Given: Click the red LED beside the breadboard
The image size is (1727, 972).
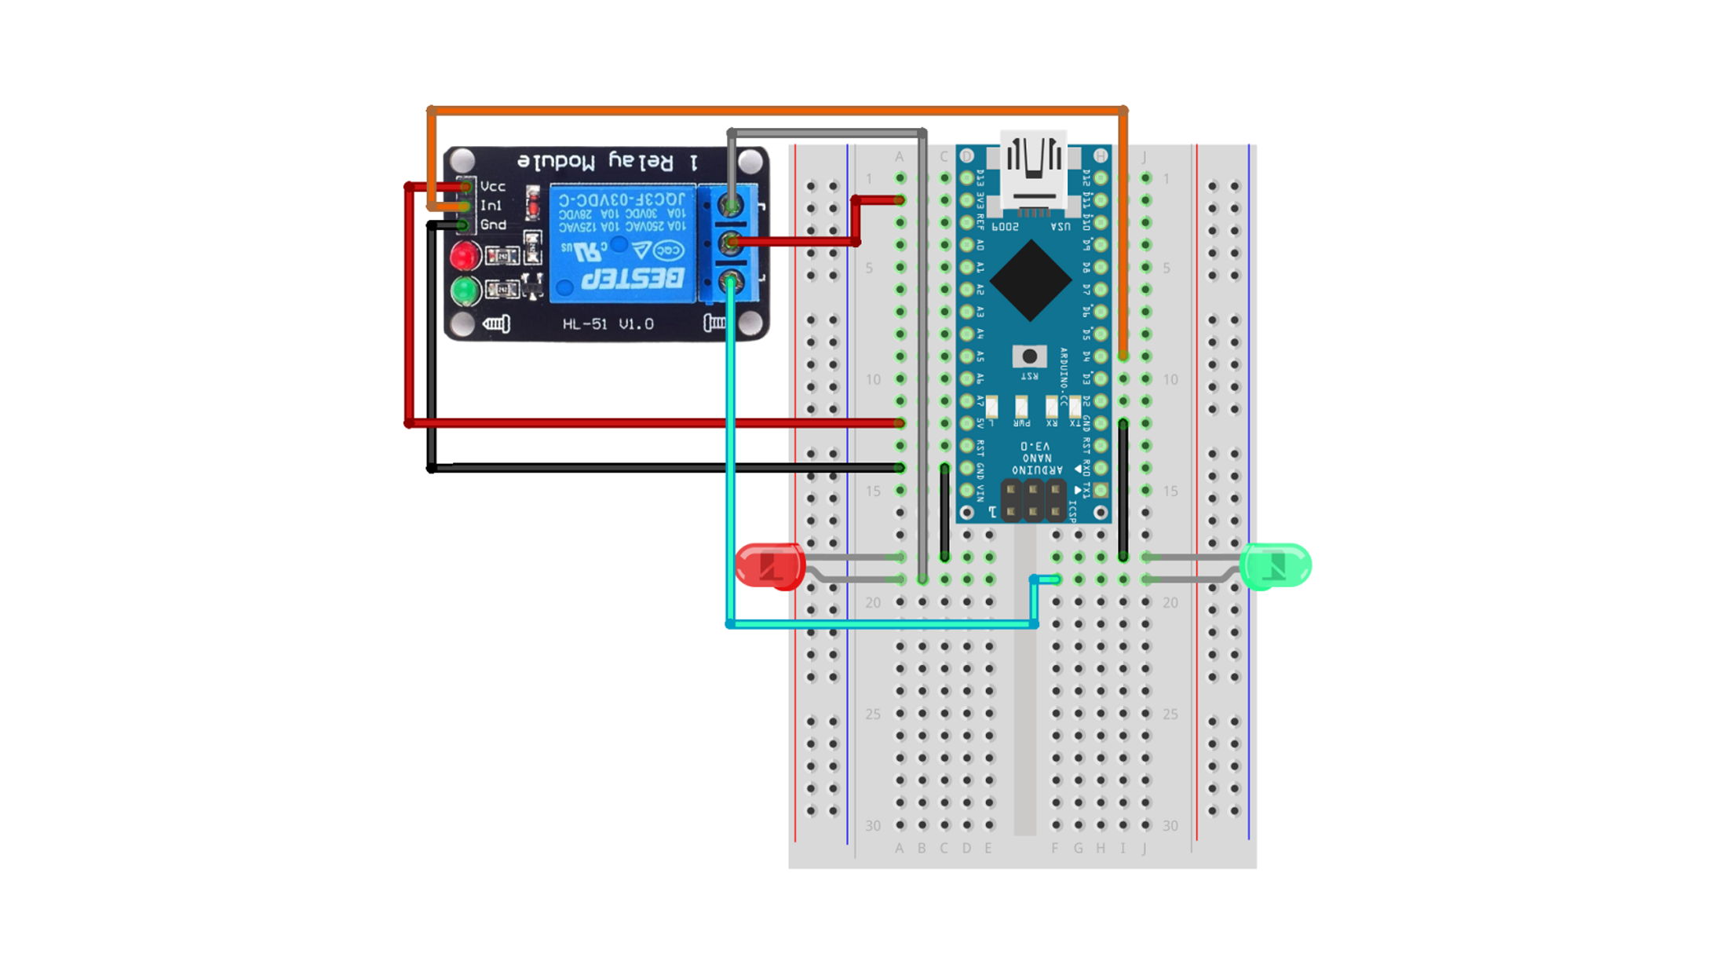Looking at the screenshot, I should (x=770, y=566).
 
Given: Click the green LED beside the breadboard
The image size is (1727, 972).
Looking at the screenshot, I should (x=1276, y=566).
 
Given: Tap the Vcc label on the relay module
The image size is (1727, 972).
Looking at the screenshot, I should (x=493, y=186).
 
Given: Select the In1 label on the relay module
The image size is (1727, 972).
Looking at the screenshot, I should (x=491, y=206).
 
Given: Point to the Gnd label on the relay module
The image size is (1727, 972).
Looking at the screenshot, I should (x=493, y=225).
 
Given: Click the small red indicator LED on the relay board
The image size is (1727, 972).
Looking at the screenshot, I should (x=465, y=256).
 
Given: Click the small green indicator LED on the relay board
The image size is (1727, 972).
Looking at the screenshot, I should (x=465, y=291).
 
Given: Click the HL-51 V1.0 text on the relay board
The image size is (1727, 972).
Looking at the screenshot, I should (x=608, y=323).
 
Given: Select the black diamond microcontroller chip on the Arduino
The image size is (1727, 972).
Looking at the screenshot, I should (x=1031, y=280).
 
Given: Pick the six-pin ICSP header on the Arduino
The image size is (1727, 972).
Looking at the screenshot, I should (x=1033, y=501).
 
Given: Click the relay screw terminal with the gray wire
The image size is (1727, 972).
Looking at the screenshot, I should (x=732, y=206).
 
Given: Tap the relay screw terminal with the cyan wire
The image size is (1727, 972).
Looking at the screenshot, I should (x=732, y=280).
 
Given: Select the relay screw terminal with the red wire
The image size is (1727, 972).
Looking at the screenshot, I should (x=732, y=243).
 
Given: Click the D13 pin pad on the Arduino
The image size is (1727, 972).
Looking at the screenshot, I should (x=967, y=179).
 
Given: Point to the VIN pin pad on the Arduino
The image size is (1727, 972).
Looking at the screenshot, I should (x=967, y=491).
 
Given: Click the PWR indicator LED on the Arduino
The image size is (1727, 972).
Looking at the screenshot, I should (x=1021, y=407).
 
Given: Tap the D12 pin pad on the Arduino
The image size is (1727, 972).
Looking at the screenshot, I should (x=1101, y=179).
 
